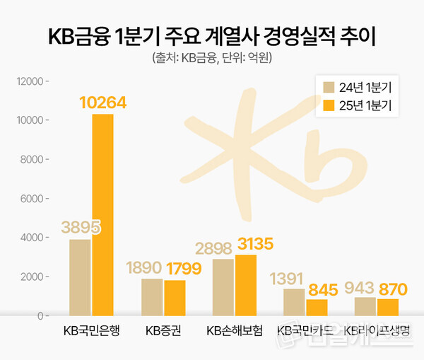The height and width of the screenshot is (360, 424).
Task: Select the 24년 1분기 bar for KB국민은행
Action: pyautogui.click(x=80, y=277)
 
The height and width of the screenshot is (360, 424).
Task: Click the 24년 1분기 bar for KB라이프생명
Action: pyautogui.click(x=365, y=306)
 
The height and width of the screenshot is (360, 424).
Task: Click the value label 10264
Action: pyautogui.click(x=102, y=103)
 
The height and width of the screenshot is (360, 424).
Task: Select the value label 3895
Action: pyautogui.click(x=81, y=228)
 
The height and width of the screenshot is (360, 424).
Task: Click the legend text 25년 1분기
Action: pyautogui.click(x=370, y=106)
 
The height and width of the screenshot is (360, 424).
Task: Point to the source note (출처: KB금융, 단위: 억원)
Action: pyautogui.click(x=212, y=58)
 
